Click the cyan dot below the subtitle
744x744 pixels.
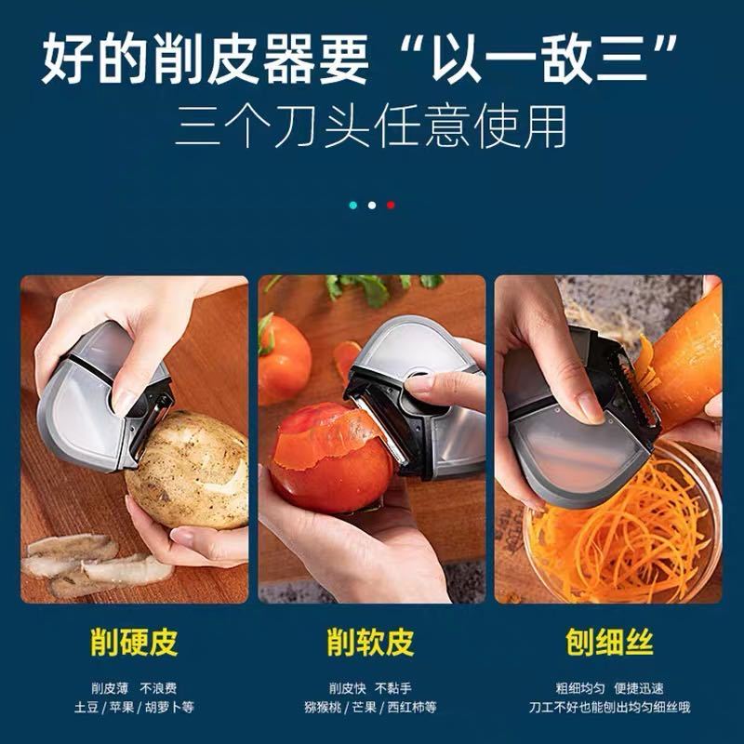click(353, 205)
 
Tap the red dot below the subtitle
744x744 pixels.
click(391, 205)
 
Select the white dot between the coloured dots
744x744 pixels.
click(372, 205)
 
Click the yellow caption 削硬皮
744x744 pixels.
click(134, 643)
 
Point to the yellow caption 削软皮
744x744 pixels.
click(370, 643)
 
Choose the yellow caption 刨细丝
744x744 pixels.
click(609, 643)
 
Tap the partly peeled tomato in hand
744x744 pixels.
click(331, 458)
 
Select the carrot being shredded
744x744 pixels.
click(684, 361)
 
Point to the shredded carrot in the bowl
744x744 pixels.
click(621, 531)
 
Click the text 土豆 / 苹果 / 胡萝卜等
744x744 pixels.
click(134, 708)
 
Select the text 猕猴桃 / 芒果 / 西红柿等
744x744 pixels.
click(370, 708)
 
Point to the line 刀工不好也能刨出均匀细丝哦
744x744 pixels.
click(609, 708)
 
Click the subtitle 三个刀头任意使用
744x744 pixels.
click(371, 126)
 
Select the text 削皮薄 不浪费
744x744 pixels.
click(134, 688)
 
